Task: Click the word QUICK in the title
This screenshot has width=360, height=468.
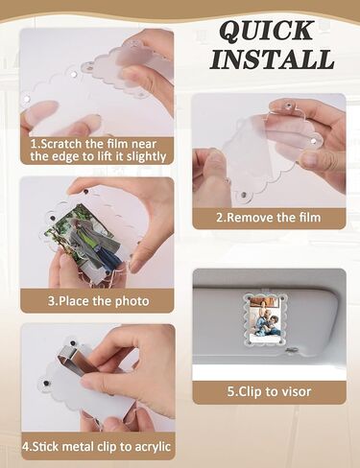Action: coord(266,31)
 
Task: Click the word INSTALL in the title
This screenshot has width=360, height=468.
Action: coord(273,58)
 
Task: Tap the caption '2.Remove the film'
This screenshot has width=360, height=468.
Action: coord(269,218)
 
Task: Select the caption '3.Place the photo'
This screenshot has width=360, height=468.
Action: coord(99,301)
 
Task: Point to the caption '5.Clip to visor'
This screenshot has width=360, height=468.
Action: coord(269,391)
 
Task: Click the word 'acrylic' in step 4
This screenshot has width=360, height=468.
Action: coord(153,447)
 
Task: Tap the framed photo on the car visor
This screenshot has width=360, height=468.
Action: coord(265,320)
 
